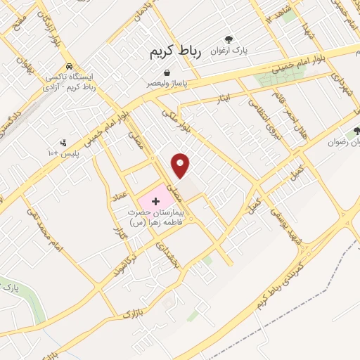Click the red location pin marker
click(x=181, y=165)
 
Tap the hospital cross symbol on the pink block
click(x=155, y=201)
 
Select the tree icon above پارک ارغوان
click(x=228, y=40)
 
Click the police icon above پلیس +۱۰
click(x=64, y=143)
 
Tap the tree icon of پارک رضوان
click(x=356, y=130)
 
